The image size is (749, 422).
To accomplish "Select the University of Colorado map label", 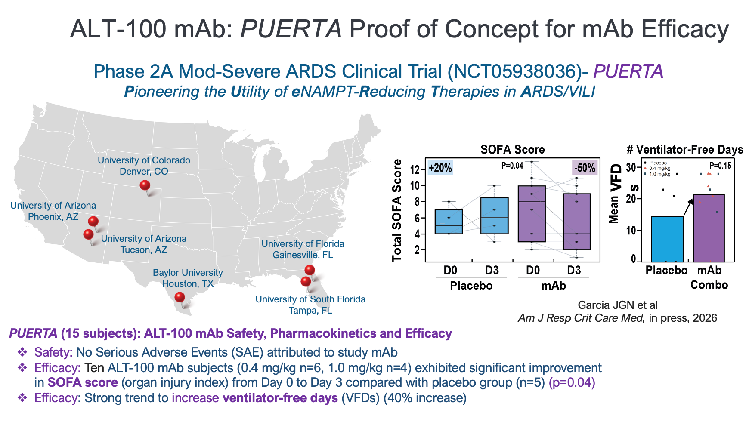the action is (144, 166).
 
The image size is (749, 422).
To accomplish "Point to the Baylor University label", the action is (188, 278).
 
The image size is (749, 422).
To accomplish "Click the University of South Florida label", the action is (310, 305).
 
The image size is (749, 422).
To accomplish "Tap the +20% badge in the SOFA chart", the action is (440, 168).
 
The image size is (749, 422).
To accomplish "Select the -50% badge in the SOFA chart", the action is (584, 168).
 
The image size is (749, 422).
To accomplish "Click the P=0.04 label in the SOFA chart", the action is (512, 166).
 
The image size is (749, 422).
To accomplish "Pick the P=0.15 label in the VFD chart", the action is (720, 166).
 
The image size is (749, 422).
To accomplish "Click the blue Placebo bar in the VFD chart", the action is (667, 239).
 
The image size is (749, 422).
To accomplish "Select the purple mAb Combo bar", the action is (709, 228).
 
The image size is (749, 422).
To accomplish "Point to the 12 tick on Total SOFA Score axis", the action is (415, 169).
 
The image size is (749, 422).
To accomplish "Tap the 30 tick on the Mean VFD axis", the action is (631, 167).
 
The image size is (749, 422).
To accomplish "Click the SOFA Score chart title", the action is (513, 149).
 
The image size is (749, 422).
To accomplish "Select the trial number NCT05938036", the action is (515, 71).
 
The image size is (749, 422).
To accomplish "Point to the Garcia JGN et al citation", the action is (618, 305).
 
